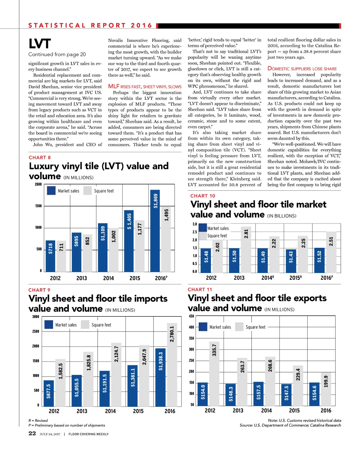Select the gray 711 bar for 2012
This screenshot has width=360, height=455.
click(62, 256)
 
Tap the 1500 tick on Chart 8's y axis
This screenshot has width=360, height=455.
click(38, 206)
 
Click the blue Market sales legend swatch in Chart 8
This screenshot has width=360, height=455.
click(51, 191)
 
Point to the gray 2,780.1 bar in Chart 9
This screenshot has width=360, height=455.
click(172, 365)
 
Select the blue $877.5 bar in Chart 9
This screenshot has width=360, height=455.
click(49, 393)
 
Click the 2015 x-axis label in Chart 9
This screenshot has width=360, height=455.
click(138, 411)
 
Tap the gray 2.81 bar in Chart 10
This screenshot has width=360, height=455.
click(246, 249)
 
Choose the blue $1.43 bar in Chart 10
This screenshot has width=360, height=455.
click(291, 261)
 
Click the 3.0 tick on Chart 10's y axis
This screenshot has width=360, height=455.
click(194, 224)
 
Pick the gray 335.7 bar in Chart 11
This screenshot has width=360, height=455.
click(214, 374)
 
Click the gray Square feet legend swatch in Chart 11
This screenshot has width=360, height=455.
click(239, 327)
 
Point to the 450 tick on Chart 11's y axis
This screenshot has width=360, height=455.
click(191, 316)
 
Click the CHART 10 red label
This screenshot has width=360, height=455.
click(202, 196)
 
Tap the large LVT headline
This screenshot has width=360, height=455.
click(40, 44)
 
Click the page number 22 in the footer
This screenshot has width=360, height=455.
click(32, 433)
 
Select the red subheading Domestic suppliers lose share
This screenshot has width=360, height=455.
click(302, 69)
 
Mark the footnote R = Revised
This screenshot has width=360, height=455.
click(38, 420)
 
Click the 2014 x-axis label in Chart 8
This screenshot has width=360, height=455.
click(108, 278)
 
